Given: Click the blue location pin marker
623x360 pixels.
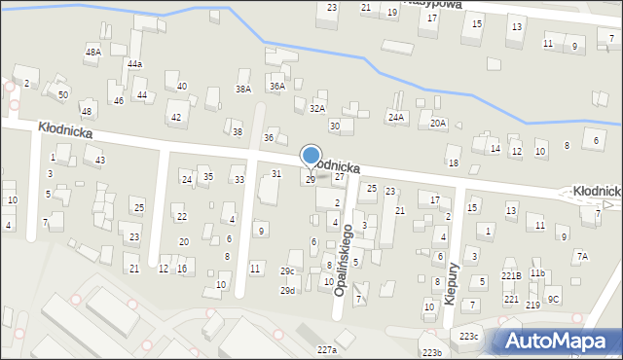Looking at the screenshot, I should coord(311,156).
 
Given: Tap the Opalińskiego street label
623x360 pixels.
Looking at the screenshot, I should coord(343,258).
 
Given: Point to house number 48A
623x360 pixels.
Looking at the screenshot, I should coord(92,52).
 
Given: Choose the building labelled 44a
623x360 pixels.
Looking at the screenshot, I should coord(134,63).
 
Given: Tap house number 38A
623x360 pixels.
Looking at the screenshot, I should coord(242,89).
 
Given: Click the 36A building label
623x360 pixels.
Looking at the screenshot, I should coord(277,87).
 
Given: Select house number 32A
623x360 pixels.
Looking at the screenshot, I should coord(316,108).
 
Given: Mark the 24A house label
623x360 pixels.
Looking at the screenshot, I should coord(395,117).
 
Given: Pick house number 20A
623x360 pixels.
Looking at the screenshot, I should coord(438,123).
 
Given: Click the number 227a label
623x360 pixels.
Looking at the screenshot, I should coord(326,349).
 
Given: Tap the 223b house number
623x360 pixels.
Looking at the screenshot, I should coord(431,352).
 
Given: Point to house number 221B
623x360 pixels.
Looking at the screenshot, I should coord(511,275).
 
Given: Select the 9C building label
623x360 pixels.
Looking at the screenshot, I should coord(553,299).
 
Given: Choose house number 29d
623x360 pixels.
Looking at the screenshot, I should coord(287,290).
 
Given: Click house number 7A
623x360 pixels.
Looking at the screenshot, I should coord(581,256).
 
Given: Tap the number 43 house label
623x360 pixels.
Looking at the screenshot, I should coord(100,160).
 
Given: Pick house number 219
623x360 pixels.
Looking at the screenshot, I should coord(532,305).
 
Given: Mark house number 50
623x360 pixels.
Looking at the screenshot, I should coord(62,94).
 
